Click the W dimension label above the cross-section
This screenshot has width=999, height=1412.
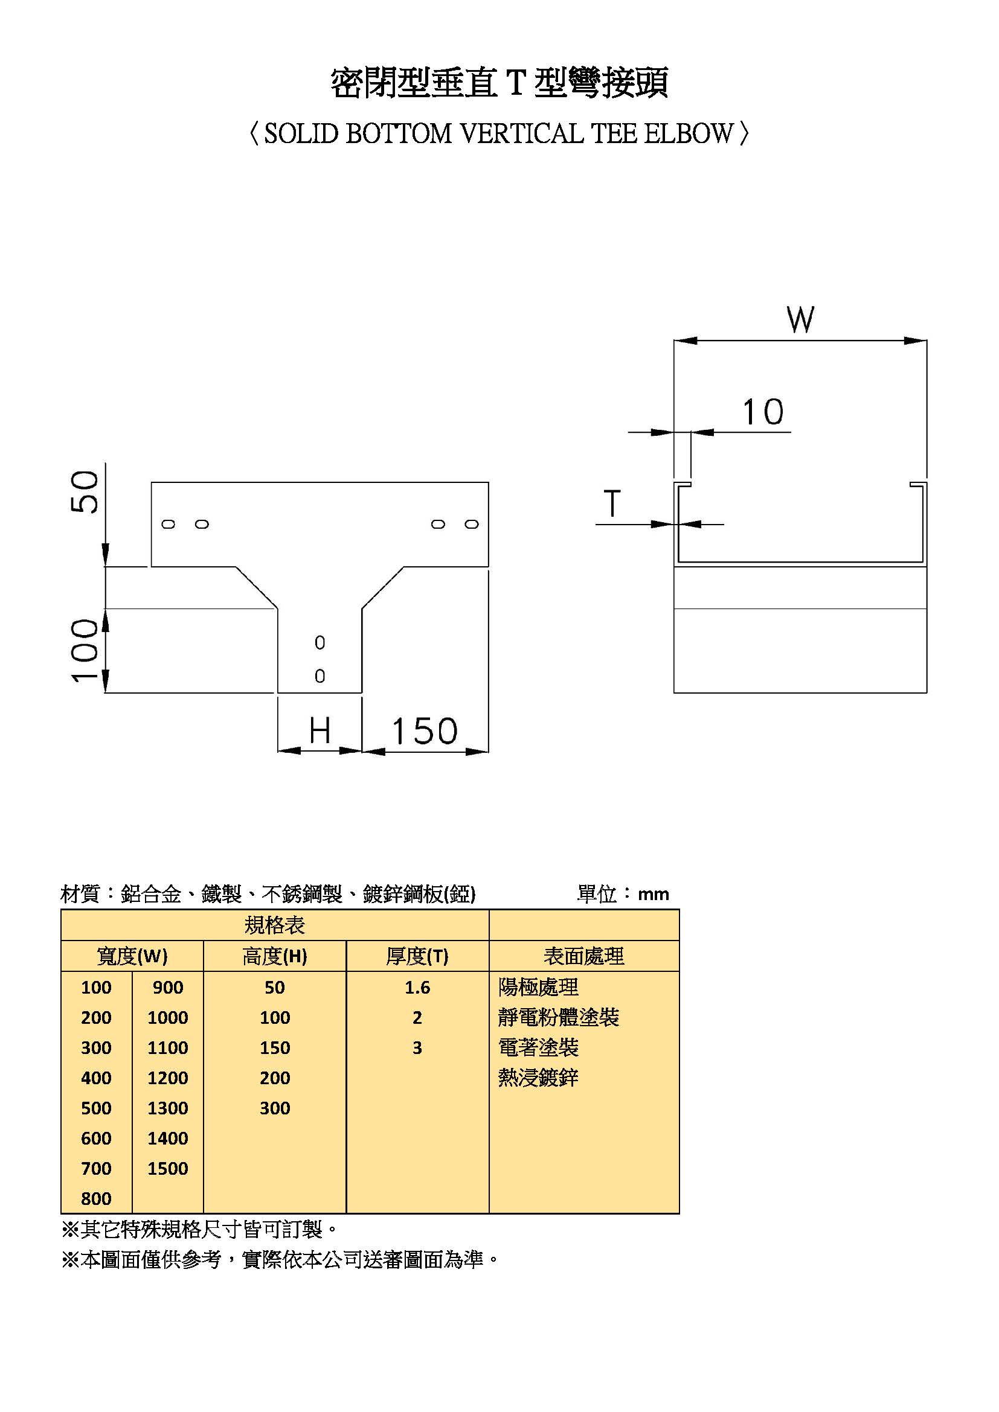point(800,319)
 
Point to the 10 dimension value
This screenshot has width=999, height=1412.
point(763,412)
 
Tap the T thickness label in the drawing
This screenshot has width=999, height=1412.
point(612,503)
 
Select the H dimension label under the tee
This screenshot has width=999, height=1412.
point(320,730)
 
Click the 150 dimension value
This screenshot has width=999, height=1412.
point(425,731)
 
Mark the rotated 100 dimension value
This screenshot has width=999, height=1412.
point(85,650)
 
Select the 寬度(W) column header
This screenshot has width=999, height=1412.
point(132,956)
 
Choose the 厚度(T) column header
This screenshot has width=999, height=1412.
point(417,956)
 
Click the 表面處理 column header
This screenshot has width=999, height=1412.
point(584,956)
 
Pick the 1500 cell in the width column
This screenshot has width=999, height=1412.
point(167,1169)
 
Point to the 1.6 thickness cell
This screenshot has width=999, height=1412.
point(417,988)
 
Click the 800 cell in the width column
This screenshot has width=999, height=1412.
point(97,1199)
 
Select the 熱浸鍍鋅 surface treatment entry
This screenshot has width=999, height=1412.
point(538,1078)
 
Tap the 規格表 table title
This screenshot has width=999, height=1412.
point(274,925)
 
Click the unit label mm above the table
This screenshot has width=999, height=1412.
point(654,894)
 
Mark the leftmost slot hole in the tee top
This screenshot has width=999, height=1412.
point(169,524)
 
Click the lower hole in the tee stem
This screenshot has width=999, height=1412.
point(320,676)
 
